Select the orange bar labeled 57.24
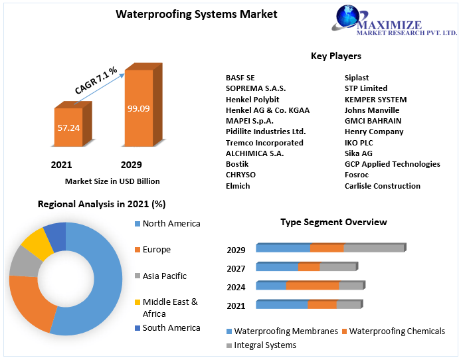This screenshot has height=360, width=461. coord(68,127)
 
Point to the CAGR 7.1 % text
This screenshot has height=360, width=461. coord(96,80)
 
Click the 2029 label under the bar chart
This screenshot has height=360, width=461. coord(131,164)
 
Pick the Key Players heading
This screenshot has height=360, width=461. coord(336,56)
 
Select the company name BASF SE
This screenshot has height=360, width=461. coord(240,78)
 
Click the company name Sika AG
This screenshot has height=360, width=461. coord(359,153)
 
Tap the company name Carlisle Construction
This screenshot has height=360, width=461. coord(382,186)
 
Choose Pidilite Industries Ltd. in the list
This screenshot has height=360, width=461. coord(266,132)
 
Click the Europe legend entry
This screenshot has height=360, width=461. coord(157,250)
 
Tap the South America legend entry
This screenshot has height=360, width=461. coord(171,328)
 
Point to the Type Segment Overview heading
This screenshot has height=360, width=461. coord(333,222)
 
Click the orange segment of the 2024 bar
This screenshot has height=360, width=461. coord(312,286)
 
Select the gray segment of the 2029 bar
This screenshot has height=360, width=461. coord(373,248)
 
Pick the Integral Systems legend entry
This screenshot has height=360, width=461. coord(265,345)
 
